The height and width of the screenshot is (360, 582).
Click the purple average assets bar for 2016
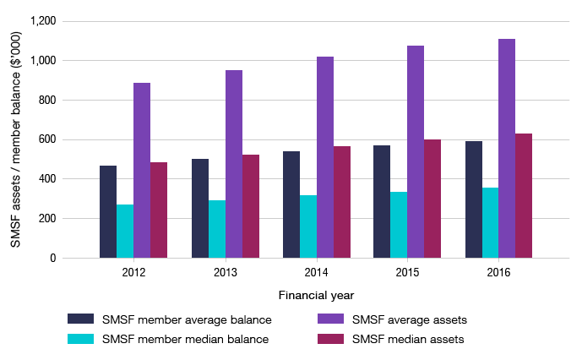click(507, 149)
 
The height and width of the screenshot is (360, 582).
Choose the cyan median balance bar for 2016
click(490, 223)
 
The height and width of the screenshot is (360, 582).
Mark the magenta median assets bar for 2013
click(251, 206)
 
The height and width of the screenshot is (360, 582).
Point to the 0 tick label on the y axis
click(52, 259)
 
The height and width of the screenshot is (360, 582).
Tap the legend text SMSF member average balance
click(187, 319)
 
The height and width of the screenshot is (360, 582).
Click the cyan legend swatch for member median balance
click(81, 340)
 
